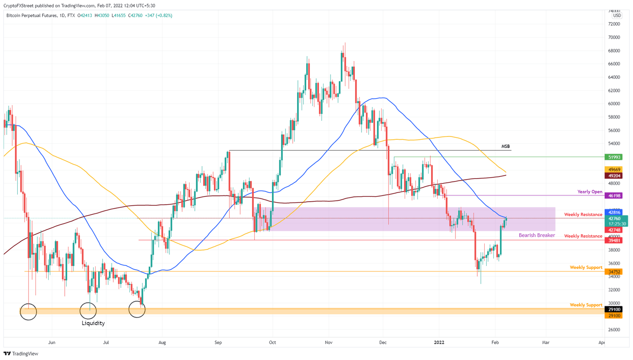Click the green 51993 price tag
[614, 157]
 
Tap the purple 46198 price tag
[614, 195]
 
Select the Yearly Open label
[589, 192]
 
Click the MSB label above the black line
[505, 146]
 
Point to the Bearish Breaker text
[537, 235]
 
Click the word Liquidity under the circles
[93, 323]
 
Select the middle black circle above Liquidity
[88, 310]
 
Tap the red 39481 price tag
[614, 240]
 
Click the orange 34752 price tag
[614, 272]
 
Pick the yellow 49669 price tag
[614, 169]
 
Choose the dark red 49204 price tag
[614, 176]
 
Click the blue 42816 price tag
[614, 212]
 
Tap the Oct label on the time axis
[272, 343]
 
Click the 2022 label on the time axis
[439, 343]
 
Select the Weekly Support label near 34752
[586, 268]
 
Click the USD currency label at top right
[617, 16]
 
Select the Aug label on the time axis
[162, 343]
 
